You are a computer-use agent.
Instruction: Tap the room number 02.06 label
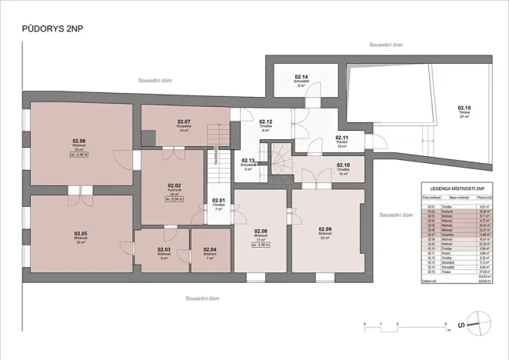79,141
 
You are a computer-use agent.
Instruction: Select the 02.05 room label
81,233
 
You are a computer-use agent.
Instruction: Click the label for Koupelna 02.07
184,122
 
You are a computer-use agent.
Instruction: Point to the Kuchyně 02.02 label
174,185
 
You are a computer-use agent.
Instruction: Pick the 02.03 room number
164,249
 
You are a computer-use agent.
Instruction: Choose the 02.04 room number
210,249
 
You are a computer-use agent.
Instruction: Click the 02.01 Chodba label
219,201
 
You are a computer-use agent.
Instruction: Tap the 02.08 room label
261,231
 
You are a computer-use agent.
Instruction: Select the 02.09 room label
325,228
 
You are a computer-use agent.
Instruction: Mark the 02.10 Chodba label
343,165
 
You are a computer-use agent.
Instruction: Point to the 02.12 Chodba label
266,122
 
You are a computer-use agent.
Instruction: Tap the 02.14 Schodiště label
301,78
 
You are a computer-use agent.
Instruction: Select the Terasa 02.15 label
464,108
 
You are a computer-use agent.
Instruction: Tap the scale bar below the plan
405,324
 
